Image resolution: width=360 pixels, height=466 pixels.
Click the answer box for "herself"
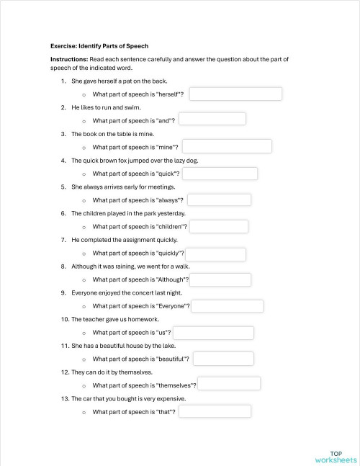coord(235,94)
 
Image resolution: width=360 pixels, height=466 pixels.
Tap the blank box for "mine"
coord(227,146)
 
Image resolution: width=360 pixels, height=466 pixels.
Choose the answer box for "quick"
coord(220,174)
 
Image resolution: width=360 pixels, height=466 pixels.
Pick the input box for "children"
coord(219,226)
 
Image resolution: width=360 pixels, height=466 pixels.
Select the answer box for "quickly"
coord(216,254)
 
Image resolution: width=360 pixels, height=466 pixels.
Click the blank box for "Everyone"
coord(232,306)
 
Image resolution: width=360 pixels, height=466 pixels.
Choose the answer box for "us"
coord(213,333)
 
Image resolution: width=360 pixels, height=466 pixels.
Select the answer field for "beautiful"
coord(222,359)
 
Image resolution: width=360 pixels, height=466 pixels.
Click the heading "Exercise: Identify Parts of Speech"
coord(99,45)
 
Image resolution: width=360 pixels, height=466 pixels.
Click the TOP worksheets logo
coord(336,456)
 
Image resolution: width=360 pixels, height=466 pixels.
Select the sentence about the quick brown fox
coord(135,160)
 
